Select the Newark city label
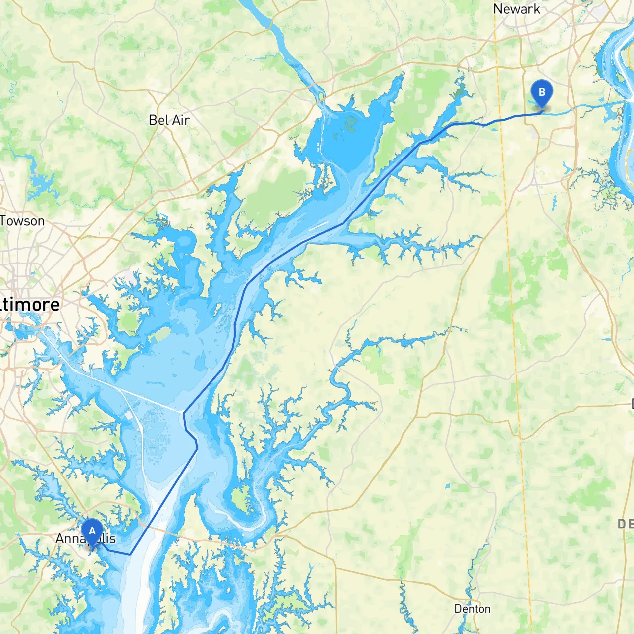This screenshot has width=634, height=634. pos(517,9)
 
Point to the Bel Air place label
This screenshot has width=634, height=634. pos(169,120)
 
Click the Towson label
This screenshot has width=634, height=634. pos(22,221)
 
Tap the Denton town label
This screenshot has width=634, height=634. pos(472,609)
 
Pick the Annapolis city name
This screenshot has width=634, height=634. pos(86,539)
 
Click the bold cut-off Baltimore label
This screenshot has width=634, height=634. pos(30,304)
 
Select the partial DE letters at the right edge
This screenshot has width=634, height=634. pos(625,524)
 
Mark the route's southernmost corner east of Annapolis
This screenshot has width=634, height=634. pos(130,554)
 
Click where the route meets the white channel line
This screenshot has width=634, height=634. pos(184,413)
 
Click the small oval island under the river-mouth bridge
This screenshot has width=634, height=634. pos(321,95)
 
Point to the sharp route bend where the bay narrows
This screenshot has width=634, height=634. pos(343,223)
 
